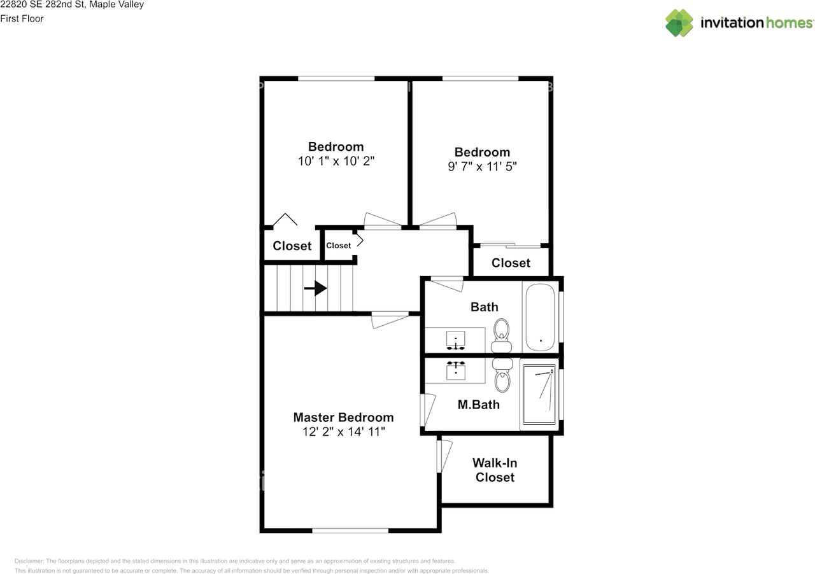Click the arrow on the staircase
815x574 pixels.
point(316,289)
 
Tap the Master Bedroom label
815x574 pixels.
point(343,417)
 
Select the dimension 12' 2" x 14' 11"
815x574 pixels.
point(343,432)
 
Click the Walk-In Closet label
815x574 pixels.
point(495,470)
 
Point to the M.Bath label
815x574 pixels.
point(479,404)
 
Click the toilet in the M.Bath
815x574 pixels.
point(502,375)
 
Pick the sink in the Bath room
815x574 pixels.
point(455,339)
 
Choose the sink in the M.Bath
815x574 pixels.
point(455,370)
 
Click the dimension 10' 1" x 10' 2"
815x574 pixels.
point(336,161)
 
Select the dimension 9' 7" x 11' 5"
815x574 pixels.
point(482,167)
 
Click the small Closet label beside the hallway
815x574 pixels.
point(338,246)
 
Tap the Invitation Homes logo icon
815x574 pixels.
point(679,23)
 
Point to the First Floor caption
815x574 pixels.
point(22,19)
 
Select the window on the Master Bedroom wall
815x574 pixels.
point(350,530)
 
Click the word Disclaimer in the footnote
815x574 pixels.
point(29,561)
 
